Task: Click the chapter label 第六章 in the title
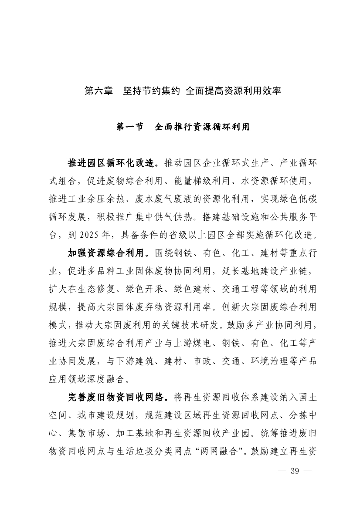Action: click(x=98, y=91)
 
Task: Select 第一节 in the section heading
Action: click(x=129, y=127)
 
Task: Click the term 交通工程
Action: click(x=242, y=289)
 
